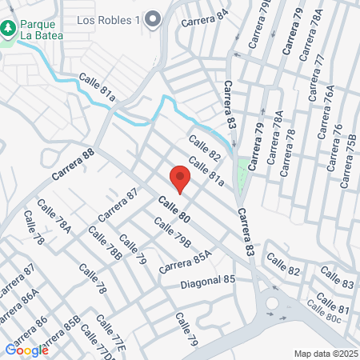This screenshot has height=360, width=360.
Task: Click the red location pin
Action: click(x=178, y=178)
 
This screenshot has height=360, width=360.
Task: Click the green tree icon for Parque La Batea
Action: click(x=9, y=29)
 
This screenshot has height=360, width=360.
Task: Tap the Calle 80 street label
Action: click(x=174, y=209)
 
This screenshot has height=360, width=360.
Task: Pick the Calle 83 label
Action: click(x=337, y=278)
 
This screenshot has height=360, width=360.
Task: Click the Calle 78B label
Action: click(x=105, y=243)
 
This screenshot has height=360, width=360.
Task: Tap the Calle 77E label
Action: click(x=110, y=333)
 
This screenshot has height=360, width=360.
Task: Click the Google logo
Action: click(x=26, y=349)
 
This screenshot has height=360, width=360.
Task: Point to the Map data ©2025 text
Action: click(x=326, y=354)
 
